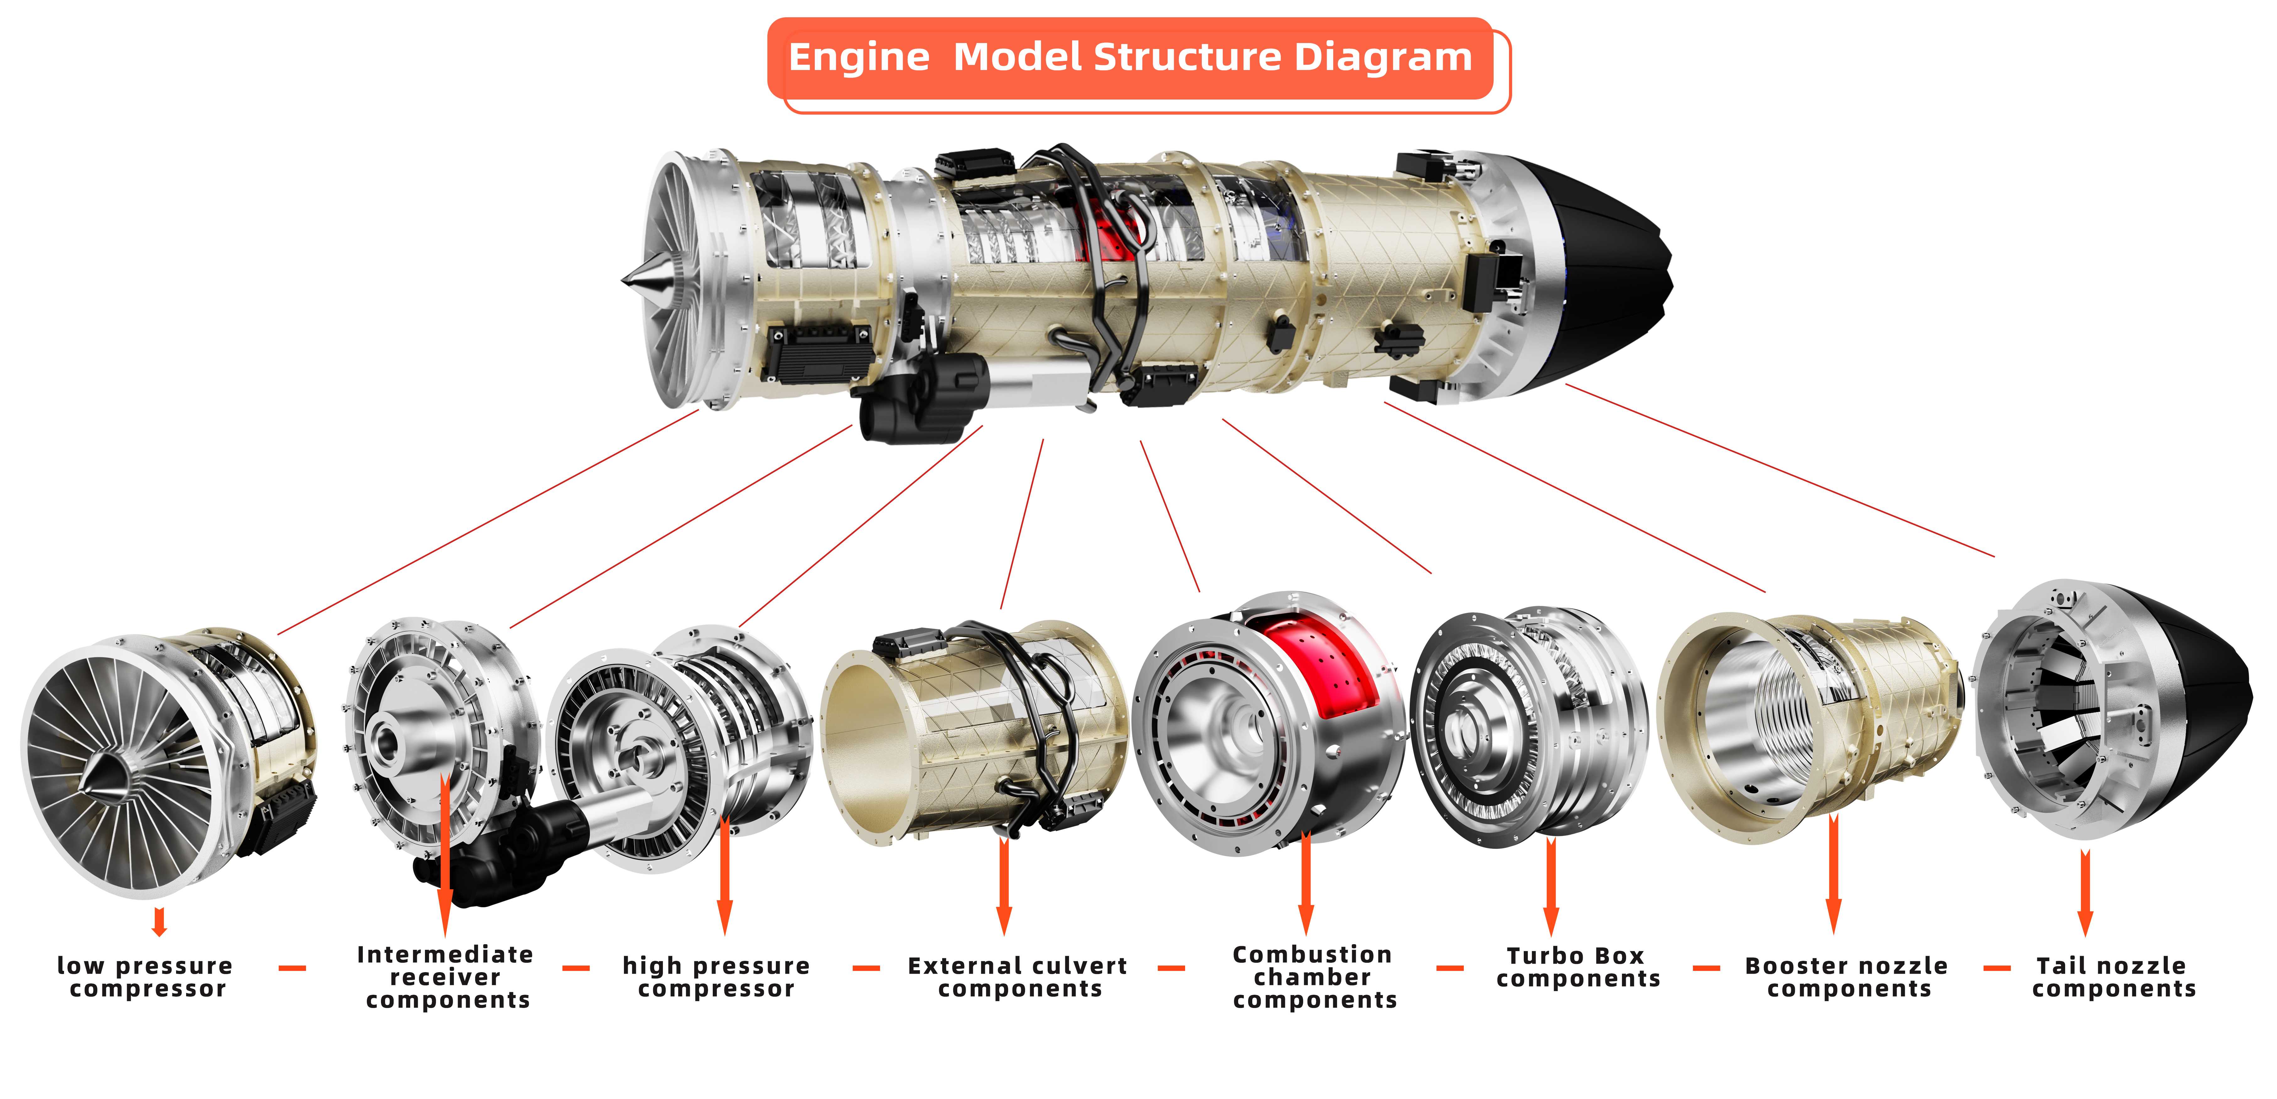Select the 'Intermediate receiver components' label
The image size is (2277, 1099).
445,977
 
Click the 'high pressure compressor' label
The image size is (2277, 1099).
716,977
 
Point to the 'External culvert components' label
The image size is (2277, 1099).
1018,977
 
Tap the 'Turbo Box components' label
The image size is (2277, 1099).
1578,967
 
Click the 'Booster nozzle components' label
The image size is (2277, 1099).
1847,977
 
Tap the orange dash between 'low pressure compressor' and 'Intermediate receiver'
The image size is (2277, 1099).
292,968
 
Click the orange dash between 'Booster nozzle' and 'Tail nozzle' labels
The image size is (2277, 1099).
1996,968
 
